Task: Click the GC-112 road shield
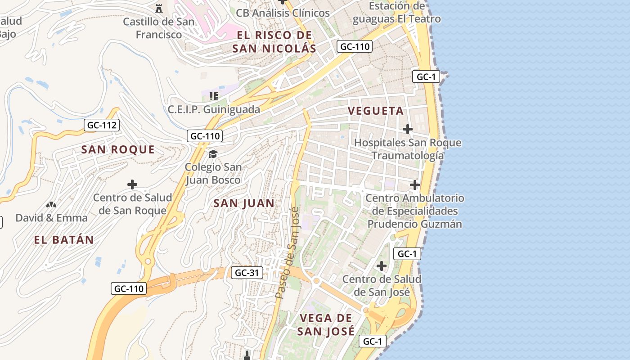tap(102, 125)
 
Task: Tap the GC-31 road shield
tap(247, 272)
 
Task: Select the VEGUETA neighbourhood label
tap(376, 111)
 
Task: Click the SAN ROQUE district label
tap(118, 149)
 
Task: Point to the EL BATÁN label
tap(64, 240)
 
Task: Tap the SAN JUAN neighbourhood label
tap(244, 203)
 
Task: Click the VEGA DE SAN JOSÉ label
tap(326, 324)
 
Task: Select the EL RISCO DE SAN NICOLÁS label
tap(274, 42)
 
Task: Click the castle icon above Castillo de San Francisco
tap(158, 8)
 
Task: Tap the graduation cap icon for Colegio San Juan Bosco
tap(213, 154)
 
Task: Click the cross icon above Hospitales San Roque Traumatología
tap(407, 129)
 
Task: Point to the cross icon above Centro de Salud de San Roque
tap(132, 184)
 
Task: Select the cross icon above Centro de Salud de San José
tap(382, 266)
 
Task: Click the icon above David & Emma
tap(51, 205)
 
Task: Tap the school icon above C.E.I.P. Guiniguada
tap(214, 96)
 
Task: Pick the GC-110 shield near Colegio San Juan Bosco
tap(205, 135)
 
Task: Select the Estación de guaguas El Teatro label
tap(396, 12)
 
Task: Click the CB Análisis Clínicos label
tap(283, 13)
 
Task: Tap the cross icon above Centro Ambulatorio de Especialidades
tap(414, 184)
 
